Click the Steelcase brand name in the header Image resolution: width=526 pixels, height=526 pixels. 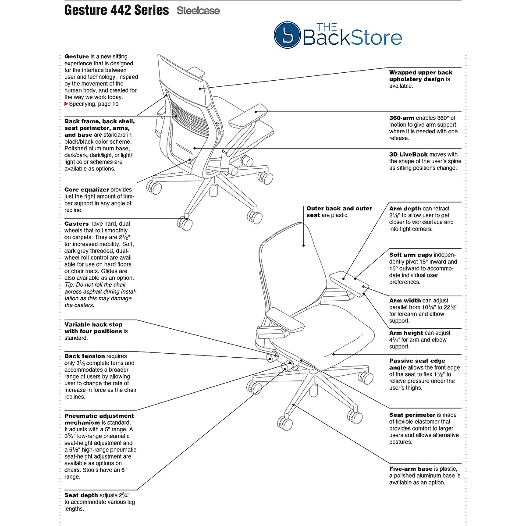tap(198, 11)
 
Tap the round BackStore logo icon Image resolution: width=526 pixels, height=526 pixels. tap(287, 36)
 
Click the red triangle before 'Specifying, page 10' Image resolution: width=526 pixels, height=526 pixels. tap(66, 104)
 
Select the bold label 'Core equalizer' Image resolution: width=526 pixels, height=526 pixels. tap(86, 190)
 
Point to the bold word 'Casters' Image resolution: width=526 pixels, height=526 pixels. tap(76, 224)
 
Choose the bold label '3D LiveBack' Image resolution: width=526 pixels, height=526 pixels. tap(408, 154)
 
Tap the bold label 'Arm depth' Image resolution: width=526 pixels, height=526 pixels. tap(405, 209)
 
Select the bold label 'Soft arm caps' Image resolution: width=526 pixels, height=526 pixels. tap(410, 255)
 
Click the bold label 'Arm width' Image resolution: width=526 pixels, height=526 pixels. tap(405, 300)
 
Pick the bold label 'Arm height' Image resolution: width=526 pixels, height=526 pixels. tap(406, 333)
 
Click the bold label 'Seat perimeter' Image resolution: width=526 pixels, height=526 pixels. tap(412, 415)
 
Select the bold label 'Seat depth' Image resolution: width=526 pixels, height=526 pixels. tap(81, 495)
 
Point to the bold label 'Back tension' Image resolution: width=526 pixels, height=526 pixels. tap(85, 356)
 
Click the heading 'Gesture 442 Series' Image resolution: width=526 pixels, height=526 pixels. tap(117, 11)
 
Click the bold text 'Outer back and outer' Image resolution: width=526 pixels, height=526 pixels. tap(339, 209)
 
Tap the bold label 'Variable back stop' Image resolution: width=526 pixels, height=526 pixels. tap(93, 324)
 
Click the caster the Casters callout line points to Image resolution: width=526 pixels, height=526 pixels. tap(185, 224)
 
